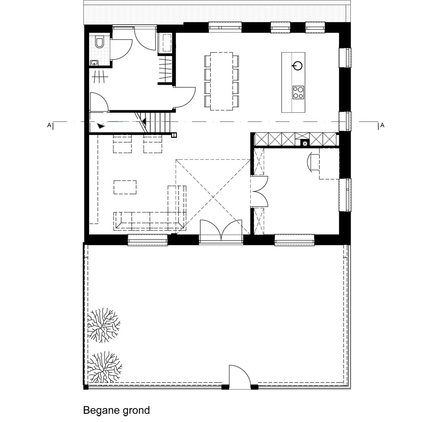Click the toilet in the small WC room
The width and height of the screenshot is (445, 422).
tap(100, 42)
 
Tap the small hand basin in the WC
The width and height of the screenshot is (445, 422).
tap(94, 63)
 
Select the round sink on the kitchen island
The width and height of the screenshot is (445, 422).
tap(297, 66)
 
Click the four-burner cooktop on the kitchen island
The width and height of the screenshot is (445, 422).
tap(298, 92)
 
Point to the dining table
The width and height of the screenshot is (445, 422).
tap(221, 81)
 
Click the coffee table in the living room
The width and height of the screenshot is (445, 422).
tap(125, 187)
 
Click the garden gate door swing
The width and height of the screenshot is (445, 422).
tap(240, 376)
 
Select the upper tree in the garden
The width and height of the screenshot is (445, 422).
tap(103, 325)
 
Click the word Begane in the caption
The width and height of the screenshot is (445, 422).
tap(100, 410)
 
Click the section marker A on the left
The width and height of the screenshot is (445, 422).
tap(49, 125)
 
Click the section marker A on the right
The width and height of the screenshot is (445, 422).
tap(382, 125)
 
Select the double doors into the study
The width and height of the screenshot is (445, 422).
tap(259, 191)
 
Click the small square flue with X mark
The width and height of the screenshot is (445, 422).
tap(305, 144)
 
